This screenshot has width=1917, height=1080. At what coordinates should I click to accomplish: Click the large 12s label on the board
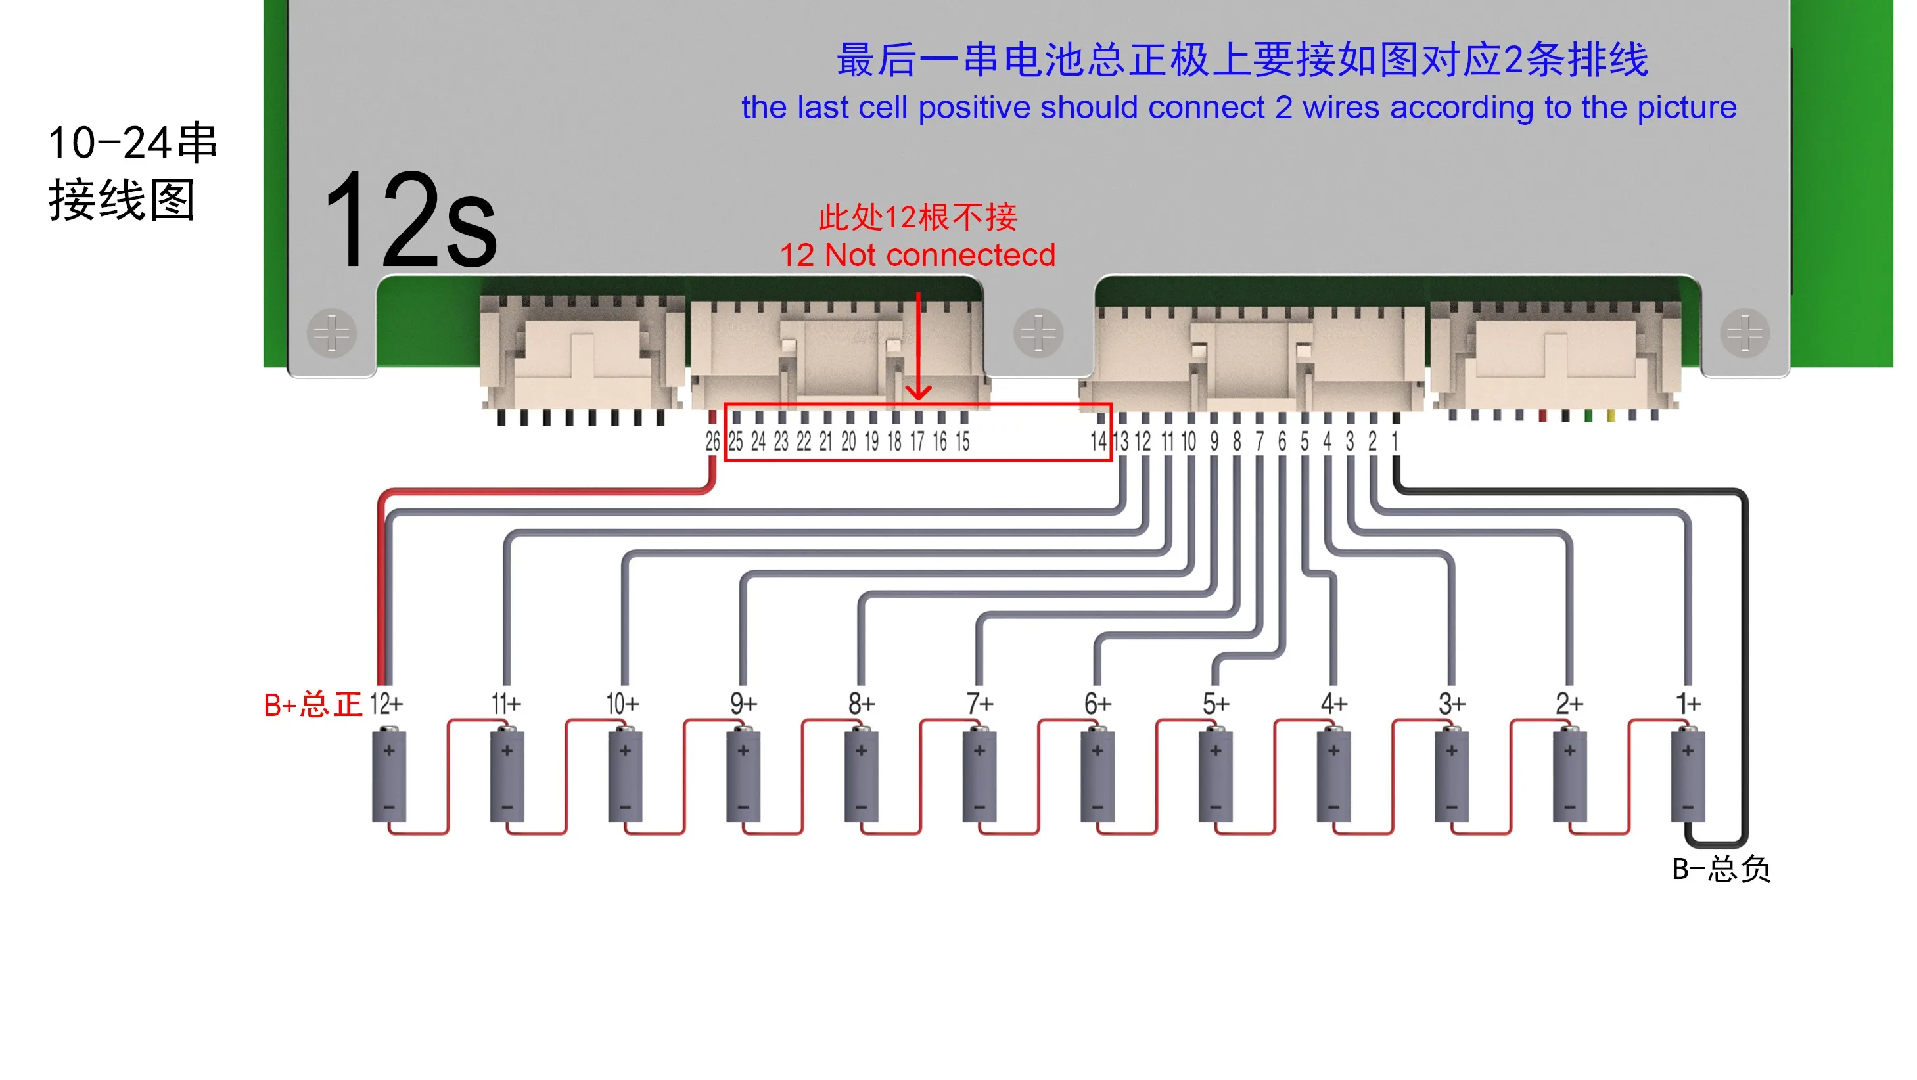tap(410, 220)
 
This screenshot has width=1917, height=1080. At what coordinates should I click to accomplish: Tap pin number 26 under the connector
tap(712, 442)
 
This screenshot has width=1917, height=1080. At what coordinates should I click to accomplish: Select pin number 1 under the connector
tap(1395, 442)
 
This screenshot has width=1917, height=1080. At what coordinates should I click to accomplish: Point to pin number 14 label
tap(1098, 442)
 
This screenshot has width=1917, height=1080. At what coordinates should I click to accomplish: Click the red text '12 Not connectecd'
tap(917, 256)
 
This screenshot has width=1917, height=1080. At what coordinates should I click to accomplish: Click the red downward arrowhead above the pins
tap(918, 392)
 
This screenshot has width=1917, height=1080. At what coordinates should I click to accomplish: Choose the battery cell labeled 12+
tap(388, 778)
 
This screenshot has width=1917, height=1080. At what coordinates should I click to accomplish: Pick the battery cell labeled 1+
tap(1688, 778)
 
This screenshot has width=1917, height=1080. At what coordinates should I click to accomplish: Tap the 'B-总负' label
tap(1721, 868)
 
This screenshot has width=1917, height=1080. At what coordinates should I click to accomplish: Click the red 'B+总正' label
tap(313, 704)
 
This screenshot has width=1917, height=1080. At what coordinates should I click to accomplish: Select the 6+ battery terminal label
tap(1097, 704)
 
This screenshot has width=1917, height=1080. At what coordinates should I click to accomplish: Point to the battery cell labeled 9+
tap(743, 778)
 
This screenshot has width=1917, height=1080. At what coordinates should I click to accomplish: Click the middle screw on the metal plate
tap(1038, 332)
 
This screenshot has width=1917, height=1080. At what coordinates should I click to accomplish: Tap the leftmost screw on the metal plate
tap(332, 332)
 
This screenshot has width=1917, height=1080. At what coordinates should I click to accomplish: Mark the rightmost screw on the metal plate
tap(1744, 332)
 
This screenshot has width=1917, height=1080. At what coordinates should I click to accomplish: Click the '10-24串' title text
tap(133, 143)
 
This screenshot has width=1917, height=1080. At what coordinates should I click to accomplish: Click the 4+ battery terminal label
tap(1333, 704)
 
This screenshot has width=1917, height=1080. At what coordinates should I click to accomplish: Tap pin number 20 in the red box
tap(848, 442)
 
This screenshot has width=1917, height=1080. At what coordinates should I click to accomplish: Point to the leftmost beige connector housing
tap(582, 351)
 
